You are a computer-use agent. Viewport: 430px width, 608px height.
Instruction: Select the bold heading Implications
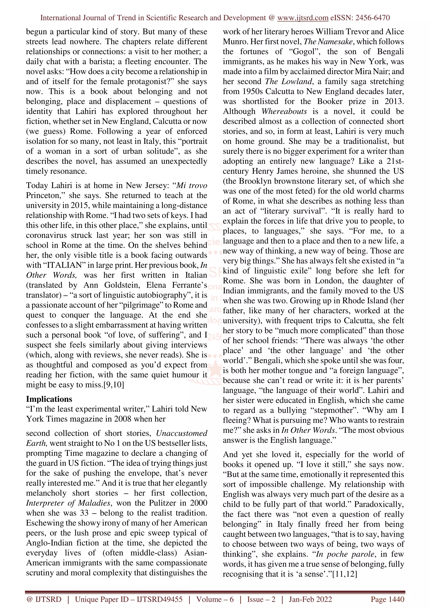coord(49,399)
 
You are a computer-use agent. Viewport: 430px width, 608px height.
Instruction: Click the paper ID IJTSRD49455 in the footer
coord(160,599)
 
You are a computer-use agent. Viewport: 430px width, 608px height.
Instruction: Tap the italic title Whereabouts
coord(284,111)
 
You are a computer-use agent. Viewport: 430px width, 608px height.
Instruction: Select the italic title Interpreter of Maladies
coord(68,503)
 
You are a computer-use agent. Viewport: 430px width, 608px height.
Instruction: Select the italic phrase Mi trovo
coord(191,185)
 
